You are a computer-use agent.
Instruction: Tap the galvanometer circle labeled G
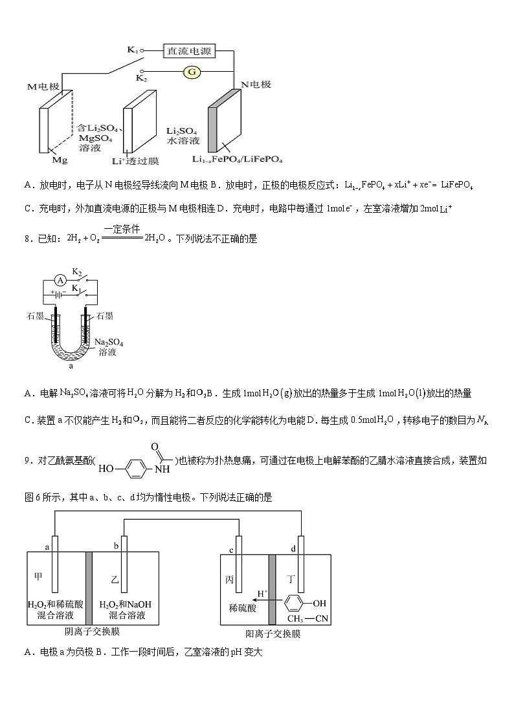[x=192, y=72]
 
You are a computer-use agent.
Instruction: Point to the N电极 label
[x=256, y=85]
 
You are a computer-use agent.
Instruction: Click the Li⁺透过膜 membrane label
[x=135, y=160]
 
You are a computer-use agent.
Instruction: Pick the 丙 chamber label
[x=229, y=580]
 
